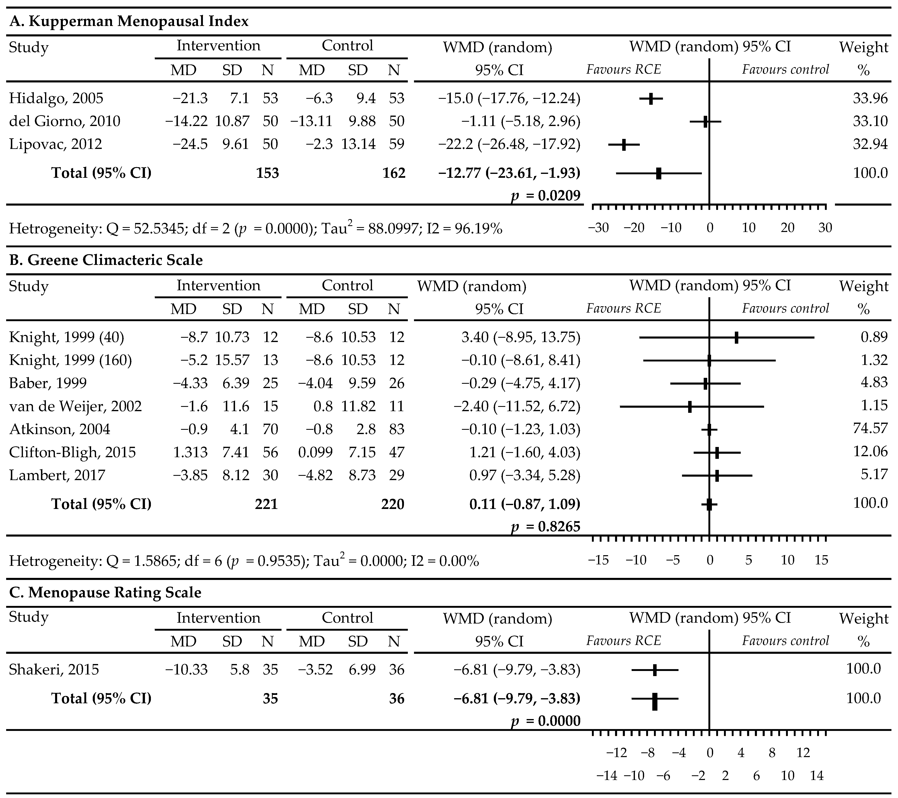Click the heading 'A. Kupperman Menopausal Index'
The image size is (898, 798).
[129, 21]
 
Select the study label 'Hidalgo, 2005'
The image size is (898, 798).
[56, 98]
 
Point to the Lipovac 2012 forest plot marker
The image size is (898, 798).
[624, 144]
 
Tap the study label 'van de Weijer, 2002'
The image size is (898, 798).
[76, 406]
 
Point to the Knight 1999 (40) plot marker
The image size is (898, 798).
[736, 337]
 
